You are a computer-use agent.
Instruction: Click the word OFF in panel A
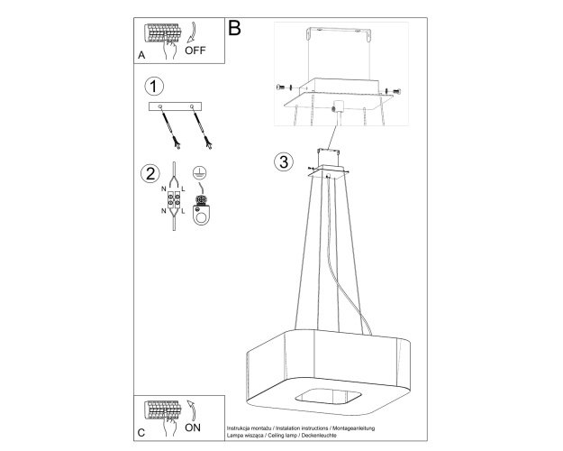(195, 51)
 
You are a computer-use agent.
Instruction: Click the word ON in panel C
(193, 428)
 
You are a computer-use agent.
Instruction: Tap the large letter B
(234, 28)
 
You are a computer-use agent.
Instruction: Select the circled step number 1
(154, 87)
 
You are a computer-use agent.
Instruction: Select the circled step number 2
(150, 173)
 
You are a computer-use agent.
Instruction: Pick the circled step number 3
(284, 161)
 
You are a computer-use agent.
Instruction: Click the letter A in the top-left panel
(141, 55)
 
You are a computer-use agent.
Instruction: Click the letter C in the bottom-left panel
(141, 433)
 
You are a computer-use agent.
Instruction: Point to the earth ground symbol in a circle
(197, 172)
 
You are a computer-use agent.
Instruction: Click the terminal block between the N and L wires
(174, 200)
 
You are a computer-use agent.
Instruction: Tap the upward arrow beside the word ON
(193, 410)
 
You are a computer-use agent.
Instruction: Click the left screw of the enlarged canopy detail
(282, 87)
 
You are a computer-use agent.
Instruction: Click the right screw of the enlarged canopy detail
(393, 91)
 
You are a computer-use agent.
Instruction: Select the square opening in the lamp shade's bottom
(328, 397)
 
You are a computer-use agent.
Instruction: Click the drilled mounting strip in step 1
(175, 106)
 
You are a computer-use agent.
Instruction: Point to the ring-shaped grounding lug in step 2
(200, 215)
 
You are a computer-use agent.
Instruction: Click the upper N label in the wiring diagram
(163, 189)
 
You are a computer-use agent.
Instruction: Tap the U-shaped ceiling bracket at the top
(338, 34)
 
